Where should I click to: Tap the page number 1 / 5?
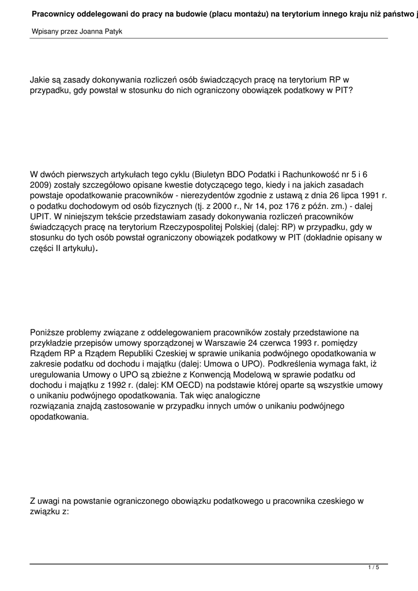pyautogui.click(x=374, y=568)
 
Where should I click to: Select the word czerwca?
pyautogui.click(x=265, y=343)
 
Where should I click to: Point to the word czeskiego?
pyautogui.click(x=333, y=501)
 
